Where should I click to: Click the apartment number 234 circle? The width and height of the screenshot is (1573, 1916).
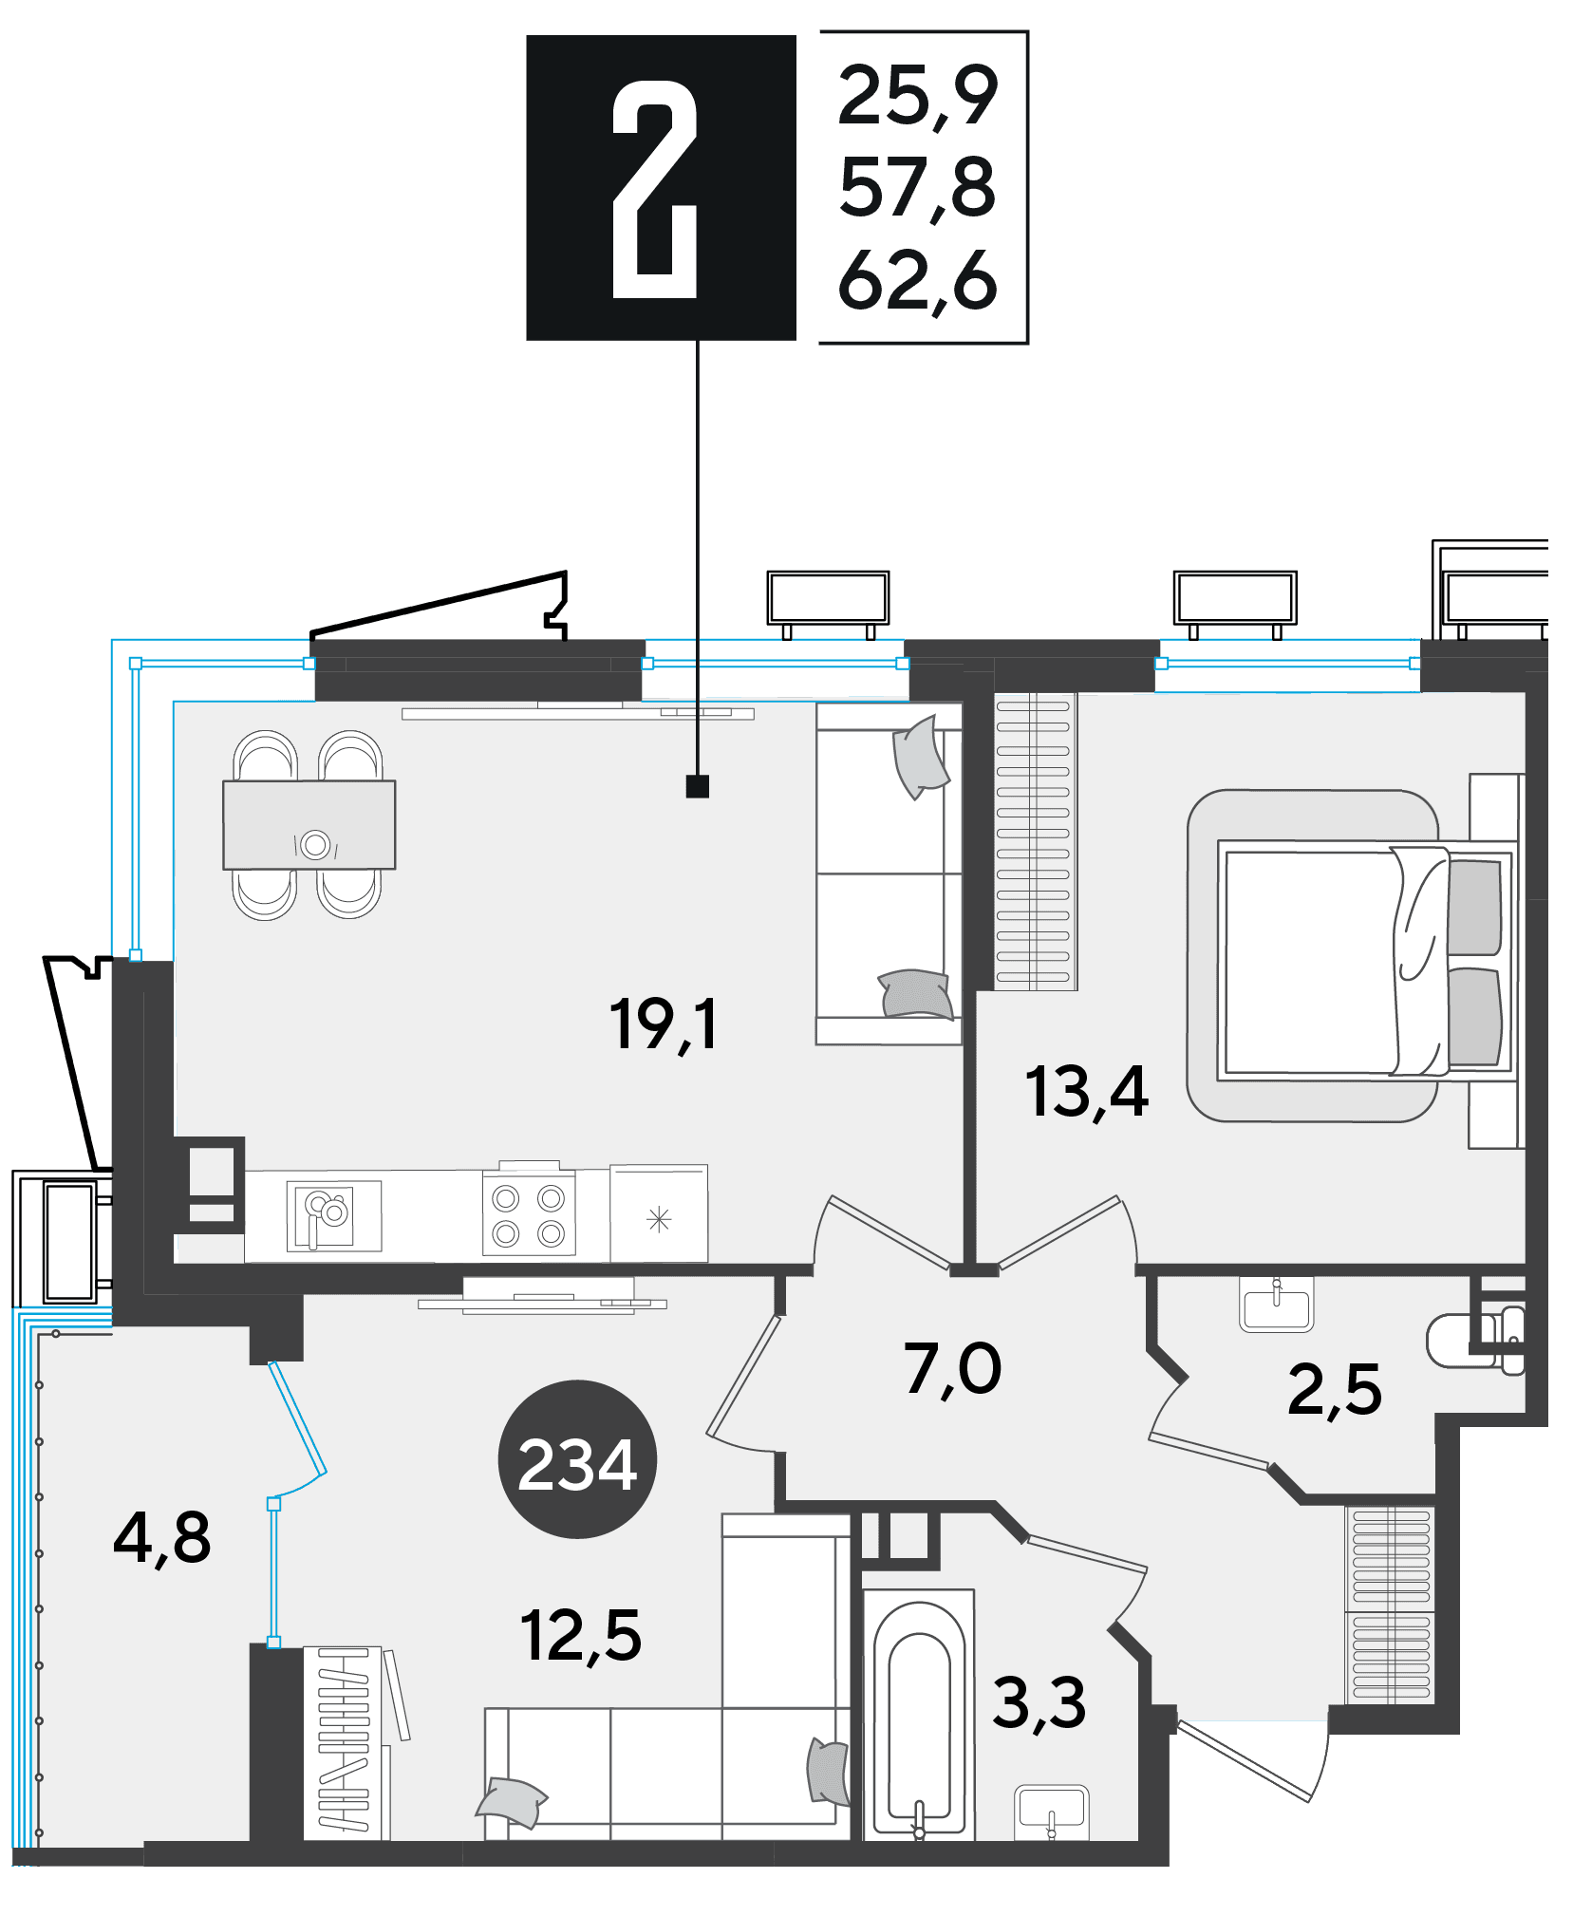[577, 1459]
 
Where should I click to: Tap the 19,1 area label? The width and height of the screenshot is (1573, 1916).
[664, 1025]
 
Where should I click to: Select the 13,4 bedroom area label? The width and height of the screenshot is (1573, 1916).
[1086, 1092]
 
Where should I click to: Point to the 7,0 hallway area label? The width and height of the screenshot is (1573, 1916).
[952, 1370]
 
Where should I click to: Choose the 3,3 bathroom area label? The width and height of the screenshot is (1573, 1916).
[1039, 1702]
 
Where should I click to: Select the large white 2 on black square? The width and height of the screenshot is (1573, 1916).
[655, 189]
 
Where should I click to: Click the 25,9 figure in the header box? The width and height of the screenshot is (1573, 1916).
[918, 96]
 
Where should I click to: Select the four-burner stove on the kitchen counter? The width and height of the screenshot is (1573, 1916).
[529, 1215]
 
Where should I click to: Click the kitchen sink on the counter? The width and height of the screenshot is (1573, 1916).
[334, 1216]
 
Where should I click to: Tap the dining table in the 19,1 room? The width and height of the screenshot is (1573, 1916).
[309, 824]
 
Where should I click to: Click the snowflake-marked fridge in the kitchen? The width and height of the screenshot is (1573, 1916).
[659, 1214]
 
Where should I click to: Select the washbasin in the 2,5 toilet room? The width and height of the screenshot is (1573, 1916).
[1276, 1305]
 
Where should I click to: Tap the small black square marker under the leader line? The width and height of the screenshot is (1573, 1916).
[698, 786]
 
